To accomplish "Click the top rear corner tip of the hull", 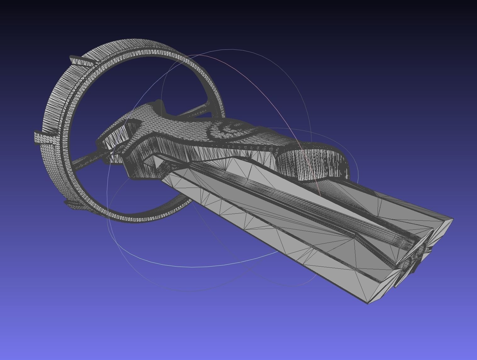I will click(x=452, y=219).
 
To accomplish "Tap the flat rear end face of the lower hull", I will click(x=382, y=290).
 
